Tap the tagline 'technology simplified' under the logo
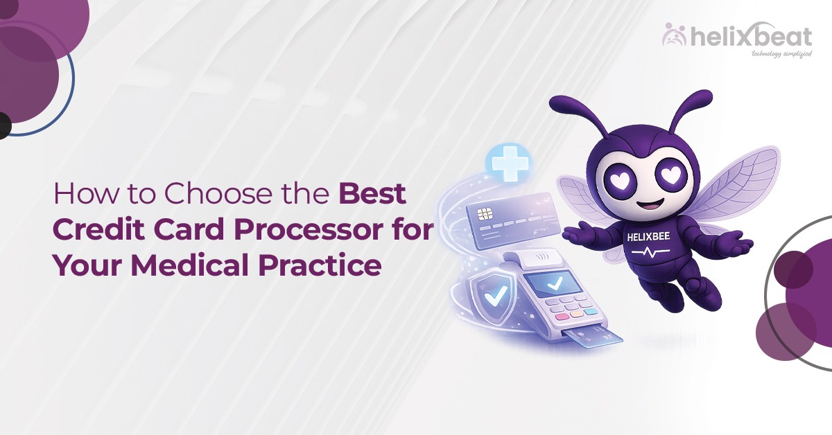781,53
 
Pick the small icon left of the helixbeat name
674,35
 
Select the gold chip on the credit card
483,215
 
